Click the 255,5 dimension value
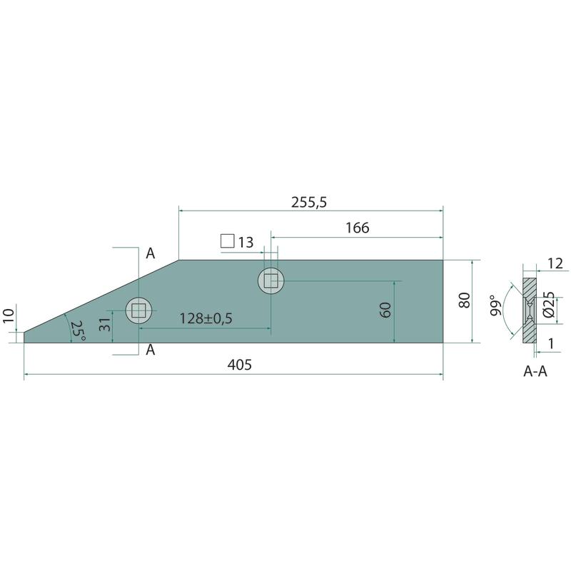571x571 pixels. pos(309,202)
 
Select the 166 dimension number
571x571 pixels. pos(358,228)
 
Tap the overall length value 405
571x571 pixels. pos(240,365)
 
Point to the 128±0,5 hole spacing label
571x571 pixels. pos(206,318)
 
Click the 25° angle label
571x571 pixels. pos(78,330)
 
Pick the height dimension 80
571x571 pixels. pos(465,300)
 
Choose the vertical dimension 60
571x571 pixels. pos(385,310)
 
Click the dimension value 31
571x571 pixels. pos(104,325)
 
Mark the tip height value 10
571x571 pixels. pos(9,315)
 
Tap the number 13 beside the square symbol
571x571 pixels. pos(246,243)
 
